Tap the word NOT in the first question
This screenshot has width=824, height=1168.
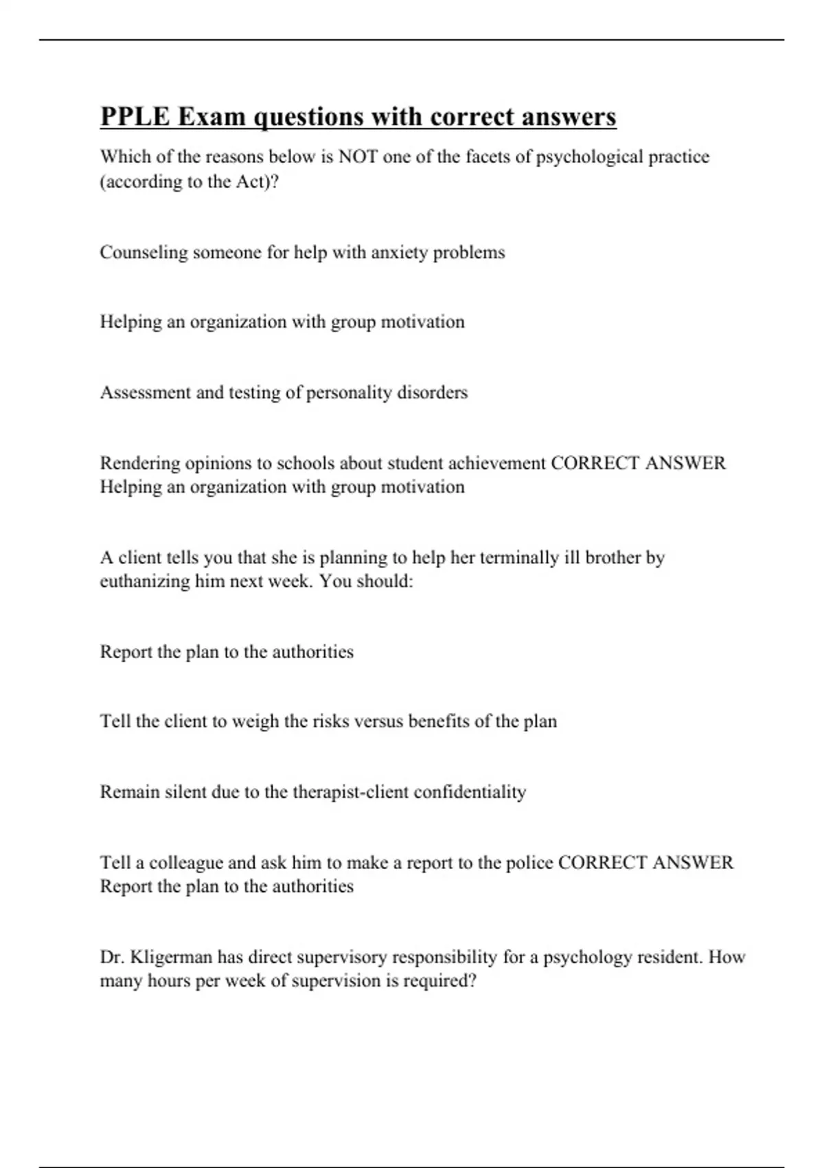click(358, 157)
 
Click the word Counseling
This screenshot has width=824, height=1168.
click(144, 253)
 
